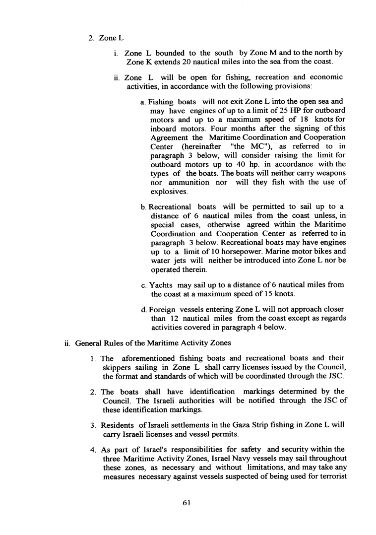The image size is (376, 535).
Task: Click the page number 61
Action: pyautogui.click(x=187, y=502)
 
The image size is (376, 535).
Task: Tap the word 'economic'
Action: pyautogui.click(x=325, y=77)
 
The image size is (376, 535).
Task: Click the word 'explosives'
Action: pyautogui.click(x=168, y=192)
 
